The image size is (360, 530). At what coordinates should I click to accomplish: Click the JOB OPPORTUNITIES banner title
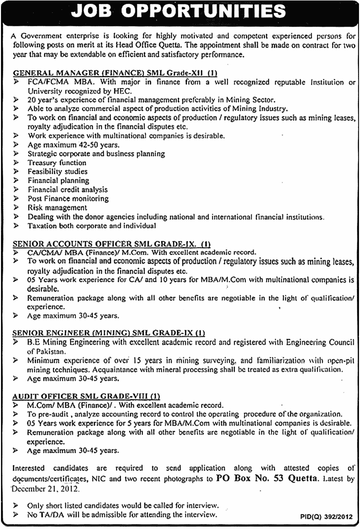click(x=180, y=11)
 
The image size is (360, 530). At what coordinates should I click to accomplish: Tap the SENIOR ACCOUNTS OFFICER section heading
click(x=112, y=243)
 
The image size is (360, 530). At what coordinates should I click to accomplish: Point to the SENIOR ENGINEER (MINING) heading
click(x=109, y=333)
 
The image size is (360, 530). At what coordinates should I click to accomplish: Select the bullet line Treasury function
click(x=57, y=162)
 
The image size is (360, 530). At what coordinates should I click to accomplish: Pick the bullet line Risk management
click(x=57, y=208)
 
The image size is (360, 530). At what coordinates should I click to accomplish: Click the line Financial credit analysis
click(x=68, y=189)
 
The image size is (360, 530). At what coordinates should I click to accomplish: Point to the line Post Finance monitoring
click(x=68, y=198)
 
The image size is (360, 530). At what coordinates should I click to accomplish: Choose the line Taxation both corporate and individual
click(x=92, y=225)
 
